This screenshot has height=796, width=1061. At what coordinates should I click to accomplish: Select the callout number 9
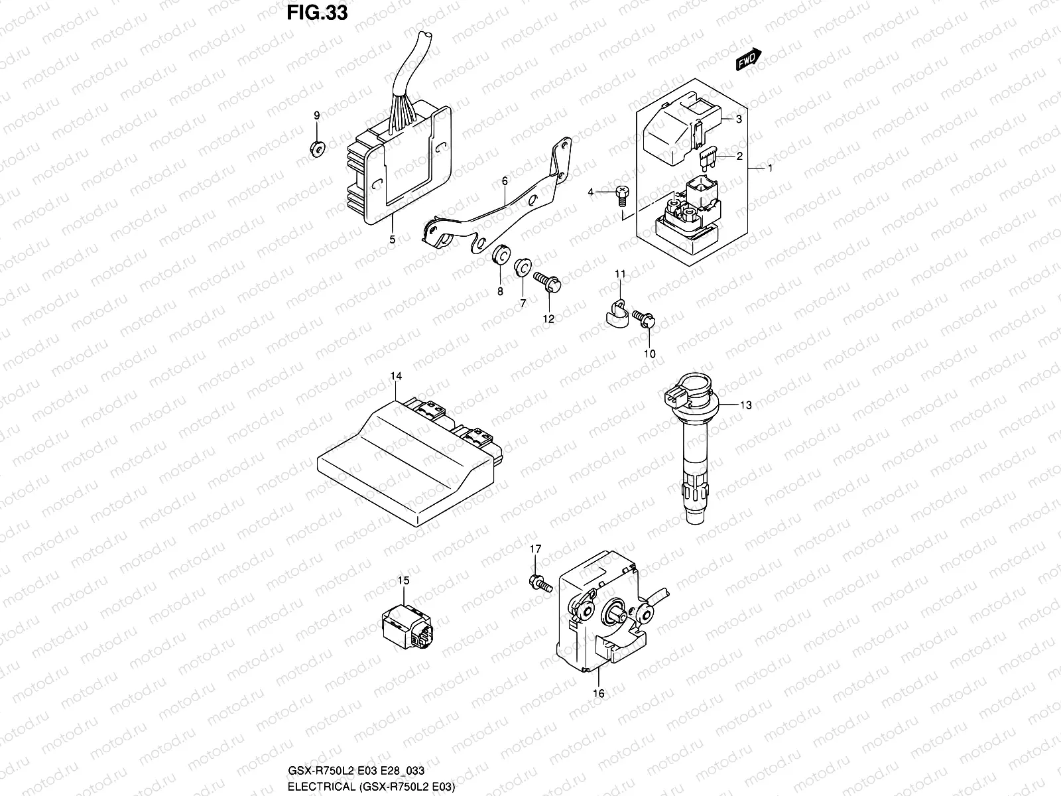(x=316, y=115)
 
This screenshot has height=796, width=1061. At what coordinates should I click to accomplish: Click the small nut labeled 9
(x=316, y=149)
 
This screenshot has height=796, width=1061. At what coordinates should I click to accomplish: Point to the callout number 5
(x=392, y=239)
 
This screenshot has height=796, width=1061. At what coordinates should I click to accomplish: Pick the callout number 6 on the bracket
(x=505, y=180)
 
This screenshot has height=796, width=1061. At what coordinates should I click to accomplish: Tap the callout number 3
(x=738, y=119)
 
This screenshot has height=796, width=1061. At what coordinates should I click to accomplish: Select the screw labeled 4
(x=622, y=192)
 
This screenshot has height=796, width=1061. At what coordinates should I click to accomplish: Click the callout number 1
(x=771, y=168)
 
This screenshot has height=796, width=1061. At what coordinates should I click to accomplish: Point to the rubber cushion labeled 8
(x=501, y=255)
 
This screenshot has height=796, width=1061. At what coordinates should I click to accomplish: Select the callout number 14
(x=396, y=376)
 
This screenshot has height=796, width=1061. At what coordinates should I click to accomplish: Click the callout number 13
(x=746, y=405)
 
